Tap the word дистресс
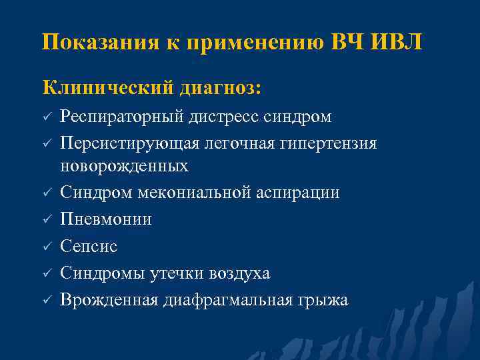(x=212, y=118)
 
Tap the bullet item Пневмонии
(x=106, y=219)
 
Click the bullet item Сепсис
(x=89, y=247)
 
